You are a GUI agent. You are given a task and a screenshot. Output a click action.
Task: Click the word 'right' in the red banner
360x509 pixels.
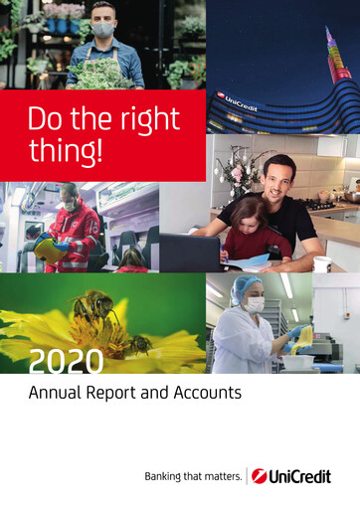149,121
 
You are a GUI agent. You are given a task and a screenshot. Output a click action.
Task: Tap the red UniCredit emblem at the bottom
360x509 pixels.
260,476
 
